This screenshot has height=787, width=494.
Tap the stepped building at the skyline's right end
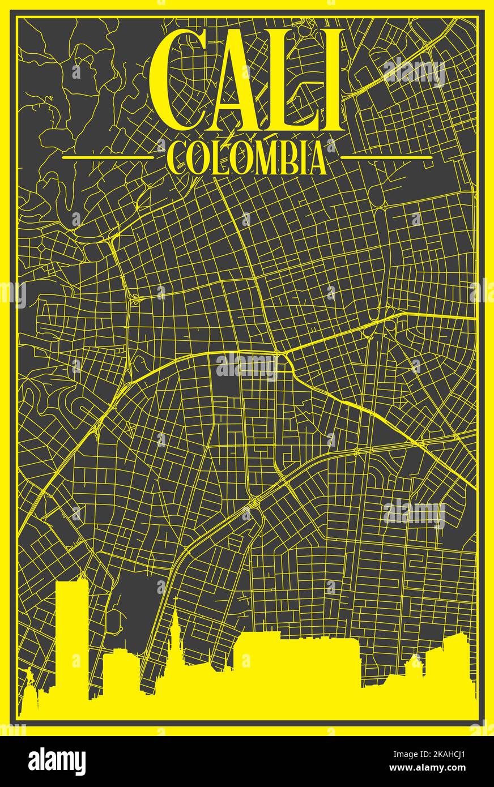coord(448,662)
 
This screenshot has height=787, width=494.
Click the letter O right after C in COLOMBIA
coord(196,159)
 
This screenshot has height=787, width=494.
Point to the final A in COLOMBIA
coord(315,159)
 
